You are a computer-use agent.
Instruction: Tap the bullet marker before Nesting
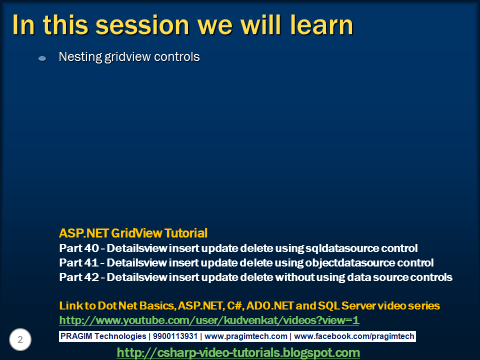[x=42, y=58]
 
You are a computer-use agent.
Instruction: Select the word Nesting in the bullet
[x=80, y=57]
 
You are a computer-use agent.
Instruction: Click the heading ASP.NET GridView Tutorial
[x=133, y=233]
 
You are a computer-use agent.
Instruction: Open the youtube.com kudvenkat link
[x=209, y=320]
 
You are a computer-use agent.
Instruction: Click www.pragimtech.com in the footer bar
[x=246, y=336]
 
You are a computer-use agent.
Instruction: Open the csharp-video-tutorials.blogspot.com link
[x=238, y=352]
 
